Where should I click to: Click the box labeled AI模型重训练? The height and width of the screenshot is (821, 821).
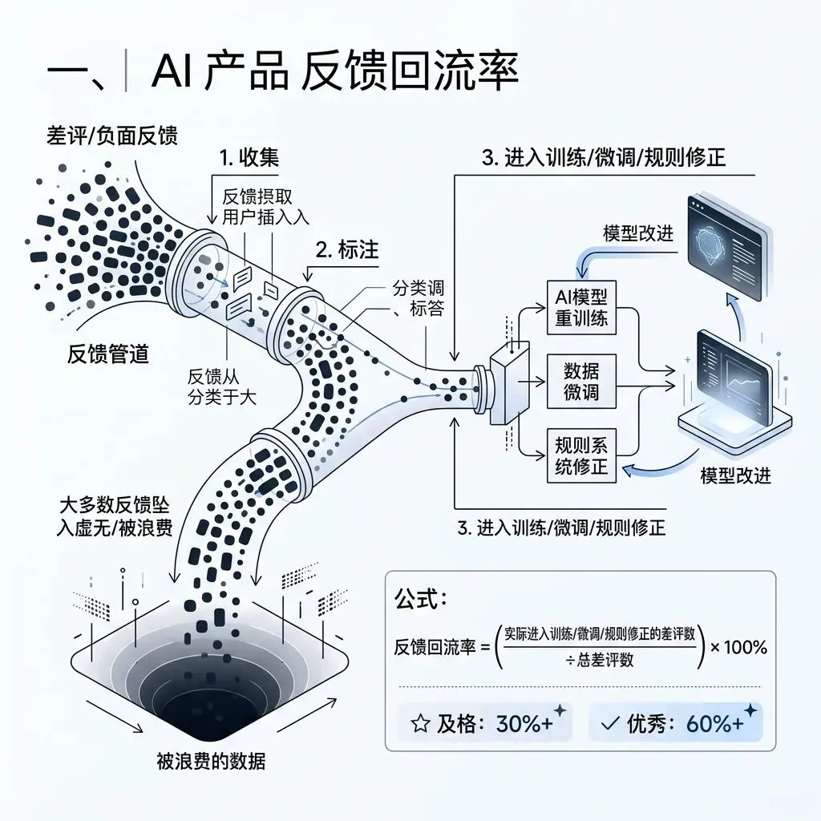pos(581,305)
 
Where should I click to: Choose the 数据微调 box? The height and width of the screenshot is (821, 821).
pos(581,382)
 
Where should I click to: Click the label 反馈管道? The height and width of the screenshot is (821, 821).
pos(108,354)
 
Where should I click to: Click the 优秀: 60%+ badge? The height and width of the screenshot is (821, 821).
pos(675,723)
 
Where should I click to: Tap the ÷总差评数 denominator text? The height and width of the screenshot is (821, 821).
pos(601,660)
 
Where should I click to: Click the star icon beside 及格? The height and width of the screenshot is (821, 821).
pos(419,724)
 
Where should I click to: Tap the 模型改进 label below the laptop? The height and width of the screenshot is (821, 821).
pos(735,475)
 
